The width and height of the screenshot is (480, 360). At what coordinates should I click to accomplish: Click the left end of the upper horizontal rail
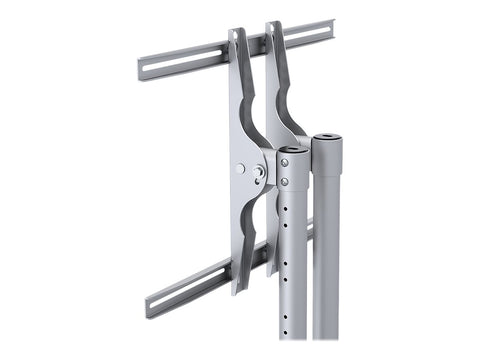[x=141, y=69]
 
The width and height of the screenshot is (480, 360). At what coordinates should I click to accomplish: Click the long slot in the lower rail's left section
[x=190, y=289]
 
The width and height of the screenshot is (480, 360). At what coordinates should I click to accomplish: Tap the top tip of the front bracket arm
[x=238, y=33]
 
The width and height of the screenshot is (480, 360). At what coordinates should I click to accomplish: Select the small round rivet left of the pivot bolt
[x=240, y=169]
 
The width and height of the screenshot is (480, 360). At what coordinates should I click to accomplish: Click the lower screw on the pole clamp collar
[x=284, y=182]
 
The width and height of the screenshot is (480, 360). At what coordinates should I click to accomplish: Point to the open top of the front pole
[x=293, y=151]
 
